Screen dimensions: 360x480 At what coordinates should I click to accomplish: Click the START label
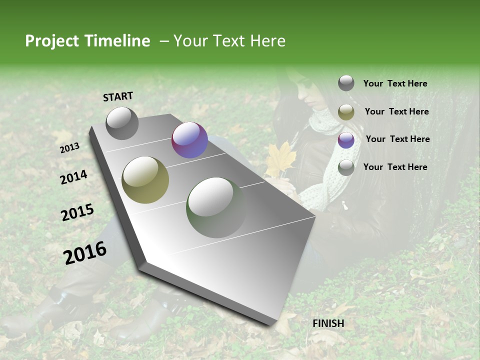coord(118,96)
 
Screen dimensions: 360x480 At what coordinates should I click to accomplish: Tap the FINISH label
coord(328,323)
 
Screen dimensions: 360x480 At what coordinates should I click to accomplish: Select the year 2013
coord(69,148)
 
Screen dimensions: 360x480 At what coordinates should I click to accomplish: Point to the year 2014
coord(73,177)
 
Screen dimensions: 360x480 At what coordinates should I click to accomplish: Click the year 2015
coord(77,212)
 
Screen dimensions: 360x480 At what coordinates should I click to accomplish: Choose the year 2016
coord(85,252)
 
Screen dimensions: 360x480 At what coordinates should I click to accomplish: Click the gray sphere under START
coord(122,123)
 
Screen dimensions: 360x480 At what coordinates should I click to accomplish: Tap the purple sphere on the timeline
coord(189,140)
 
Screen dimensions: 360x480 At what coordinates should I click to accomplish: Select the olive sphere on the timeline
coord(145,180)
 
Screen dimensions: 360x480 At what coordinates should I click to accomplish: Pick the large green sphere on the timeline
coord(216,207)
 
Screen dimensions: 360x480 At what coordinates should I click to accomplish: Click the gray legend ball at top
coord(346,83)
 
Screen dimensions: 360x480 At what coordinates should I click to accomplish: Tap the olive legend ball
coord(346,112)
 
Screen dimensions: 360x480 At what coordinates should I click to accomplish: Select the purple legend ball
coord(346,140)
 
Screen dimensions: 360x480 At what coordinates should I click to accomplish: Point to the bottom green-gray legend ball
coord(346,167)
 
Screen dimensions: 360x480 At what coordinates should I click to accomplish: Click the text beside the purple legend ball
coord(397,139)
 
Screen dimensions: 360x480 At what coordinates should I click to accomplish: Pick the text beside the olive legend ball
coord(396,111)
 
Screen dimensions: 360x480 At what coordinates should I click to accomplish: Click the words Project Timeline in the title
coord(87,41)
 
